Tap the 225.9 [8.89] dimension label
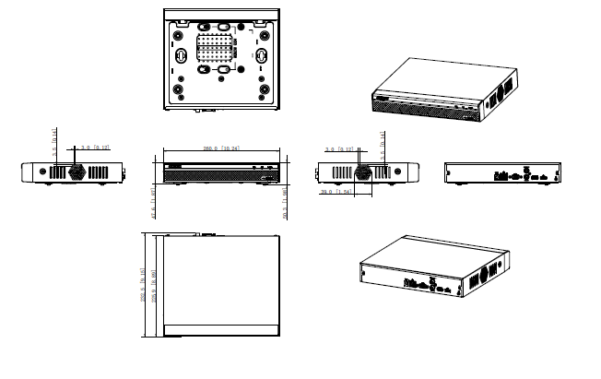(x=153, y=285)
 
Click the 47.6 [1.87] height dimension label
(x=153, y=207)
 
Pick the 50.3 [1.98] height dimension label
(x=287, y=207)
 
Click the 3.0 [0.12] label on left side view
(x=96, y=148)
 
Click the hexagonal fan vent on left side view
(x=76, y=172)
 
